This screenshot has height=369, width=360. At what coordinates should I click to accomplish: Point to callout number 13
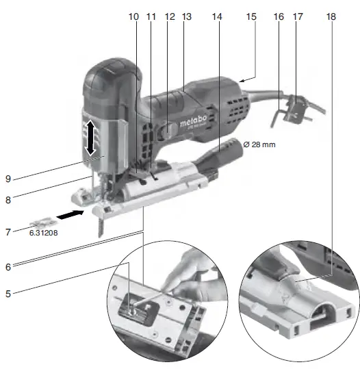186,14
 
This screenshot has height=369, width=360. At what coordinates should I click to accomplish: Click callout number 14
218,14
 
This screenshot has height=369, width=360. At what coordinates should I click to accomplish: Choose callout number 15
252,14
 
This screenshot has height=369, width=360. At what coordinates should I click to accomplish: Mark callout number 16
279,14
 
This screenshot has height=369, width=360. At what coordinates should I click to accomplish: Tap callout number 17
296,14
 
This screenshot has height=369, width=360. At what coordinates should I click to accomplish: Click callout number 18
332,14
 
